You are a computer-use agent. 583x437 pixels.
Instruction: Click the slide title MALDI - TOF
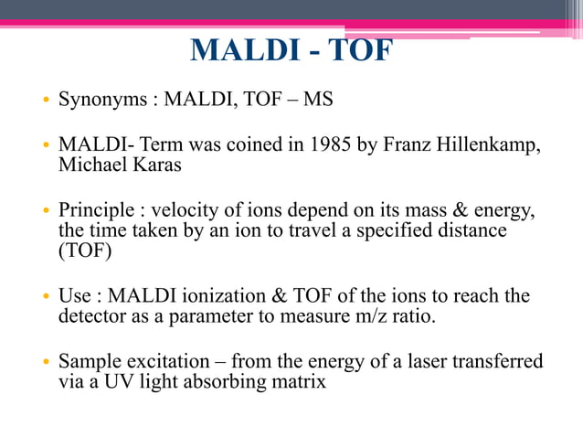[291, 50]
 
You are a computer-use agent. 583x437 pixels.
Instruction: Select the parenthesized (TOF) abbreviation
[82, 251]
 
